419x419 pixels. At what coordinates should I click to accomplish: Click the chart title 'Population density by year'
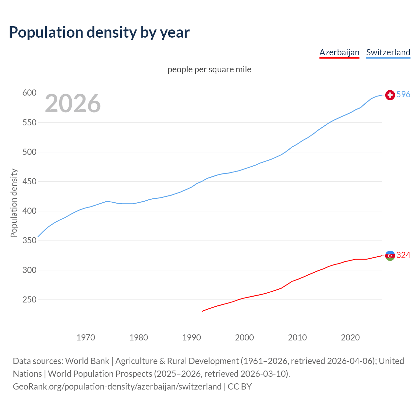[x=99, y=32]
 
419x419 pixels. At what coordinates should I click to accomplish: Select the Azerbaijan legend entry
[x=339, y=52]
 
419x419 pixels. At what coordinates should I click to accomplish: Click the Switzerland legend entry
[x=388, y=52]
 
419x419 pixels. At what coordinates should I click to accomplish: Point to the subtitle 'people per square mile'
[x=209, y=69]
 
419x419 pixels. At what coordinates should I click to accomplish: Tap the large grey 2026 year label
[x=73, y=103]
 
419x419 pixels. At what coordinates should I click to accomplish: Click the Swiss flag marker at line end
[x=390, y=95]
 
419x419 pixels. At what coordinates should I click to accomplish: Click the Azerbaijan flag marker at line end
[x=390, y=256]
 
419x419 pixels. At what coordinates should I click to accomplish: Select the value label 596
[x=403, y=95]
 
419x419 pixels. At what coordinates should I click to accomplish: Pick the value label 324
[x=403, y=255]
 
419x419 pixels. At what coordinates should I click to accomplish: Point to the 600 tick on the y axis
[x=29, y=93]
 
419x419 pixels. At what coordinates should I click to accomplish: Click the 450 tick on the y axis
[x=29, y=182]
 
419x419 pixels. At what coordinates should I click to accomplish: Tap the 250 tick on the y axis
[x=29, y=300]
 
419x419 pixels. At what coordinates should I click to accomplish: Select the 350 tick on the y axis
[x=29, y=241]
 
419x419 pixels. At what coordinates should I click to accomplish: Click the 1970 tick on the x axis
[x=86, y=337]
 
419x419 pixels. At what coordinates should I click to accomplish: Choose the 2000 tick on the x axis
[x=244, y=337]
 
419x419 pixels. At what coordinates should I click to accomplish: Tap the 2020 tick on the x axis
[x=350, y=337]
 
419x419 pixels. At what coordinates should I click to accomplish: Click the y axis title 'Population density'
[x=14, y=203]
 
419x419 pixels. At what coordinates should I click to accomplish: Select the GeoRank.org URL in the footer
[x=117, y=387]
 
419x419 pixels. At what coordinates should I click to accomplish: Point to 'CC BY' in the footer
[x=240, y=387]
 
